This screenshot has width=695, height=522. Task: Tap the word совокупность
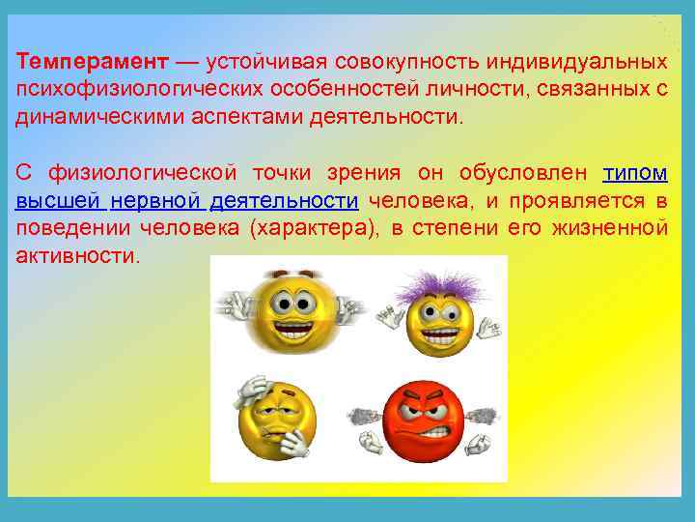point(406,62)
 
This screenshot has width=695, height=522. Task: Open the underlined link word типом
point(634,173)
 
